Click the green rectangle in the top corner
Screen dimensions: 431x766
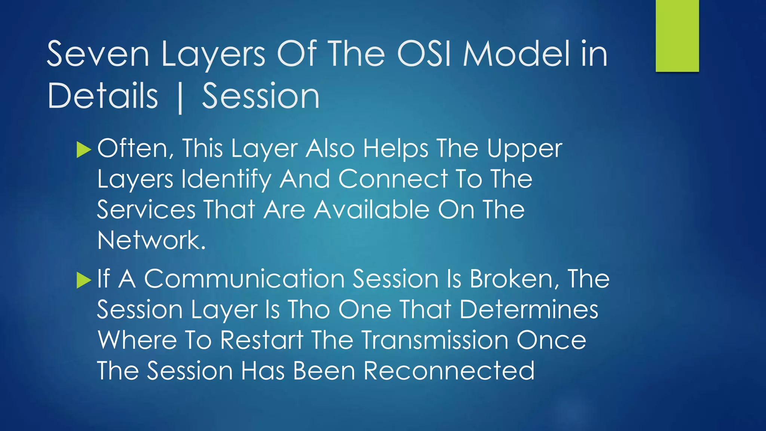[677, 36]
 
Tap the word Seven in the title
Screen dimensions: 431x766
[98, 55]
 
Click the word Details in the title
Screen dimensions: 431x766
[103, 97]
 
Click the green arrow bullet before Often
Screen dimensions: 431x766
[83, 150]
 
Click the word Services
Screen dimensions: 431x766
[146, 210]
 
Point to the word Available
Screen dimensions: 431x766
[371, 210]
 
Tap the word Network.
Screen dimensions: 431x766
[151, 240]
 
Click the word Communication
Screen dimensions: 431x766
[244, 279]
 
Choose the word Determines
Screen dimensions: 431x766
[528, 310]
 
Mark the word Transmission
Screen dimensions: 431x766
[435, 340]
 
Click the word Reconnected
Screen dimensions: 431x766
[449, 371]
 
